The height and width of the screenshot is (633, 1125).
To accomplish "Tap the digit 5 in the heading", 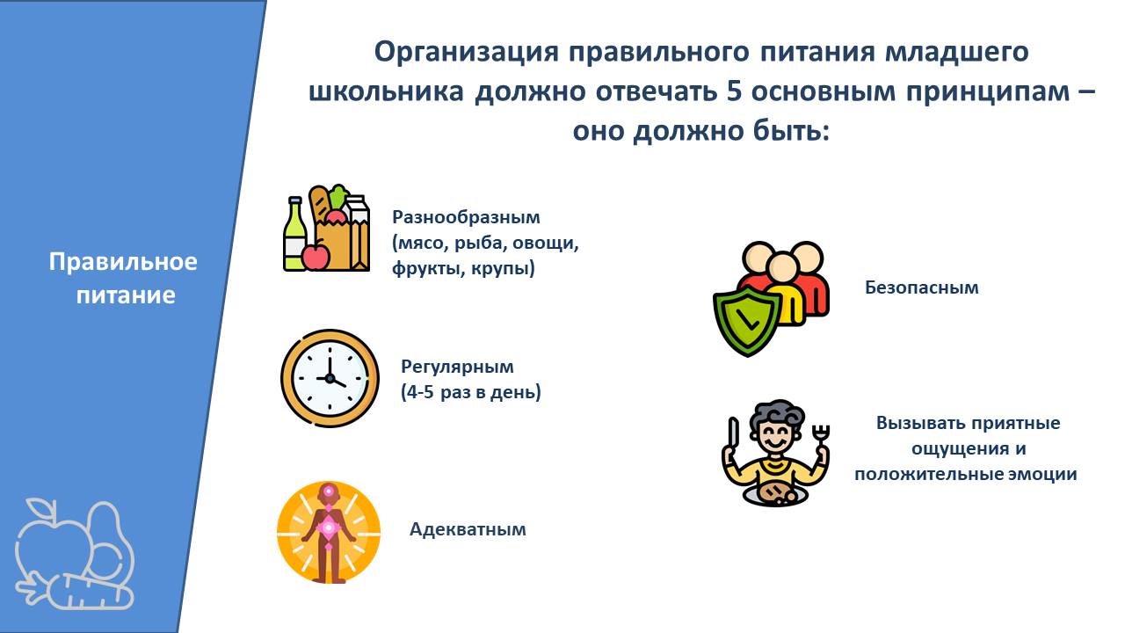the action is [734, 92].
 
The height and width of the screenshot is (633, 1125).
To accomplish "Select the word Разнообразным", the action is [466, 218].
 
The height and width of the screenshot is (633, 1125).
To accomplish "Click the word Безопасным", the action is [922, 287].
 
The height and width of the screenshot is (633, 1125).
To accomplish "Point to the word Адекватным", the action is [468, 529].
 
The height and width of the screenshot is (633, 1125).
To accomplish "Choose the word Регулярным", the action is [457, 367].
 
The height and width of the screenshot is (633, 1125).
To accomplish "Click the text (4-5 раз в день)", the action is [471, 392].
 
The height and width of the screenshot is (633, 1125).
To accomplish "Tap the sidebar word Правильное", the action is [123, 262].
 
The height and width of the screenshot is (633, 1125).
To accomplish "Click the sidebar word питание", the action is [126, 295].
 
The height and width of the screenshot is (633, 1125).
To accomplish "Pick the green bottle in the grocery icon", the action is [294, 234].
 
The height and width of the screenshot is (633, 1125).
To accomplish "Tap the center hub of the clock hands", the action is [330, 378].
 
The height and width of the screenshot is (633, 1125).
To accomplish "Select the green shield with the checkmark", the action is [747, 322].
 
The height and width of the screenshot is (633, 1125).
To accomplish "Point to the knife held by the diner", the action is [734, 434].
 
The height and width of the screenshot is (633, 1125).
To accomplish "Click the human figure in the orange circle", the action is [329, 534].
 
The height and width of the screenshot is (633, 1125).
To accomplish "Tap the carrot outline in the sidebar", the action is [76, 593].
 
